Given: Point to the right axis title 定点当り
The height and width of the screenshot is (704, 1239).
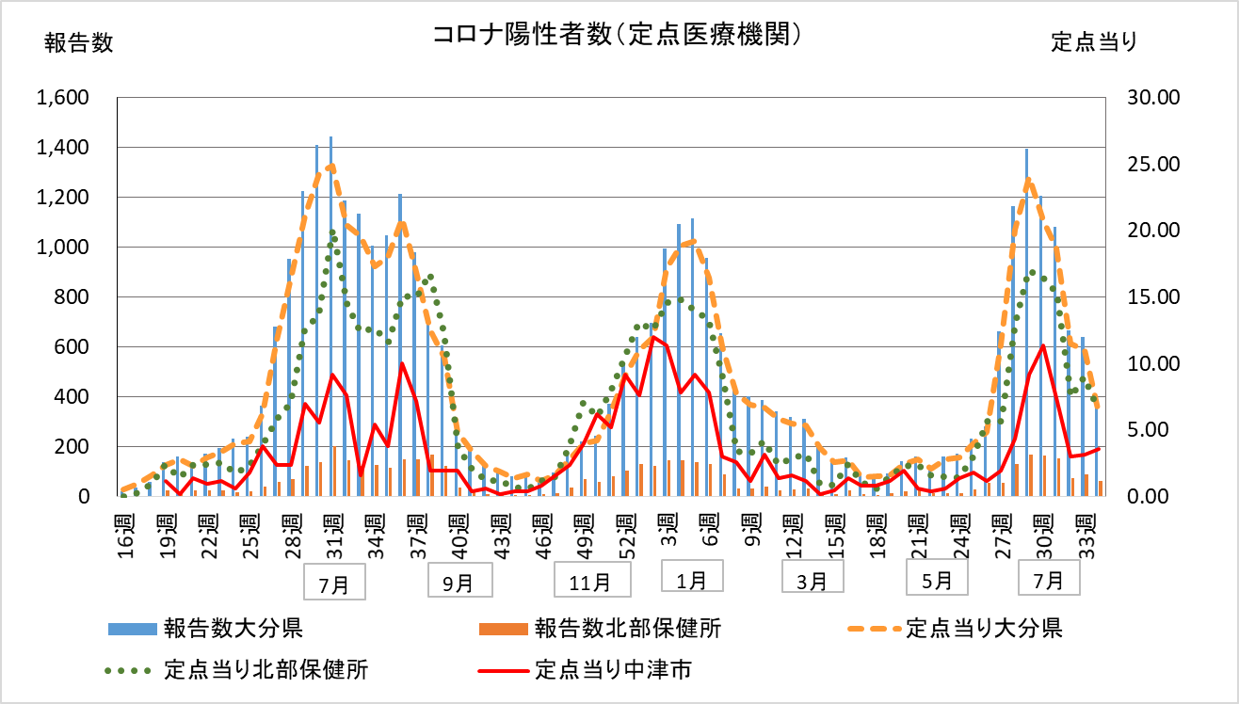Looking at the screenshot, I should tap(1094, 42).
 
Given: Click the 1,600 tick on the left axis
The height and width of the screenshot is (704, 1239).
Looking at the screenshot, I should tap(63, 98).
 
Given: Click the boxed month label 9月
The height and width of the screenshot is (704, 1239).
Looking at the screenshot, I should tap(459, 583).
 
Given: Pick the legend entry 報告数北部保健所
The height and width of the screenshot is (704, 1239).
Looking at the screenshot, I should tap(627, 628).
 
